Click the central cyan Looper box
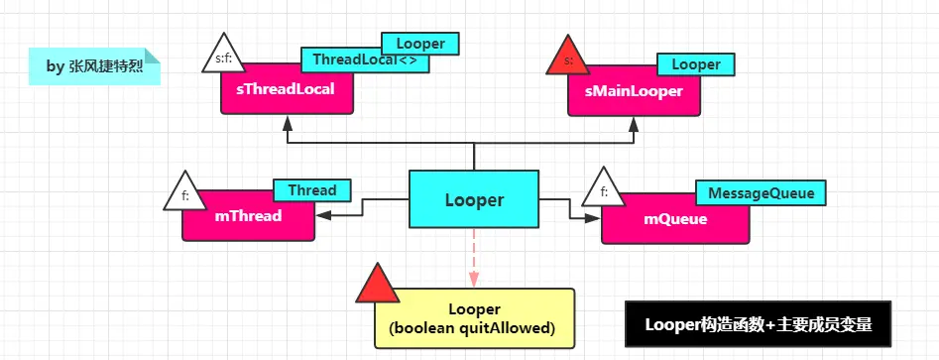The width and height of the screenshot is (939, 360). [474, 199]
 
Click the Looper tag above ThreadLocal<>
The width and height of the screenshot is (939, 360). [420, 43]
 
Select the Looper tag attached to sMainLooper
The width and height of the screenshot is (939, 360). [695, 64]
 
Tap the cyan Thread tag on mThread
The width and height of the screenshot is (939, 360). [311, 189]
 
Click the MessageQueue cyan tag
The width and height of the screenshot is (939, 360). [761, 194]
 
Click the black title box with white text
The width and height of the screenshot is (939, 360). [758, 324]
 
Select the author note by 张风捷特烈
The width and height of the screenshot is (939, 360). [94, 66]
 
